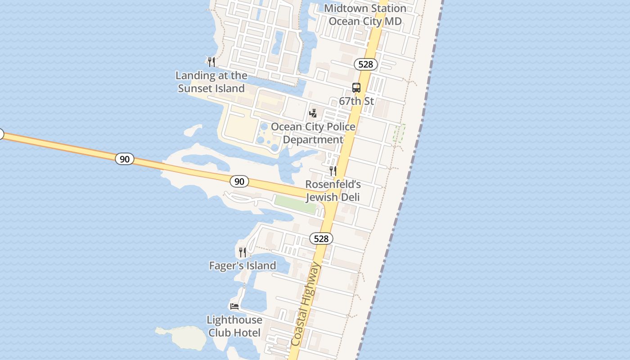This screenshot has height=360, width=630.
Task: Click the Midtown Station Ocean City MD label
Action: (365, 15)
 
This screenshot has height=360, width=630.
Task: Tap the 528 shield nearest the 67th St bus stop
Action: (365, 64)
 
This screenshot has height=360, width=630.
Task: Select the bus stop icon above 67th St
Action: (356, 88)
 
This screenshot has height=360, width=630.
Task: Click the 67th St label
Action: (356, 101)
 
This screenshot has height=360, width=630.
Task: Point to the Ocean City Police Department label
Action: (313, 133)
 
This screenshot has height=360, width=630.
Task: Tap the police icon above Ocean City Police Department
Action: (313, 113)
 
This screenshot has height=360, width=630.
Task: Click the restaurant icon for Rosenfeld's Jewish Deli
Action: (333, 171)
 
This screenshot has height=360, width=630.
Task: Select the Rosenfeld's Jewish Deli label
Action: (333, 191)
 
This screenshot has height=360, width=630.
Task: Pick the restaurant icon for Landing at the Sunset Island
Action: (211, 62)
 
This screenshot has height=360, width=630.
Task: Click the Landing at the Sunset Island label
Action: (211, 82)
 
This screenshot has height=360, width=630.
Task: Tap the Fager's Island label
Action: (243, 266)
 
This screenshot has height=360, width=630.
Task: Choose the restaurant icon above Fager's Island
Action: (243, 252)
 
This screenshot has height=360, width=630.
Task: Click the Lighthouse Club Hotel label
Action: (234, 326)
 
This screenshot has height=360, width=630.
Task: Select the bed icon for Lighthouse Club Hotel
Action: (234, 306)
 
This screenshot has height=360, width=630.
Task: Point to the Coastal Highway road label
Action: (306, 305)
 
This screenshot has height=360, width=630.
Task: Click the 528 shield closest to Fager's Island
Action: (321, 238)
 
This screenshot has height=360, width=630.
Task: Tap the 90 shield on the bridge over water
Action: (124, 158)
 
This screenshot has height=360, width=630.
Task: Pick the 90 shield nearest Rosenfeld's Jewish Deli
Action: (239, 181)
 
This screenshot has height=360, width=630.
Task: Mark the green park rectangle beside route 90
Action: (295, 204)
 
